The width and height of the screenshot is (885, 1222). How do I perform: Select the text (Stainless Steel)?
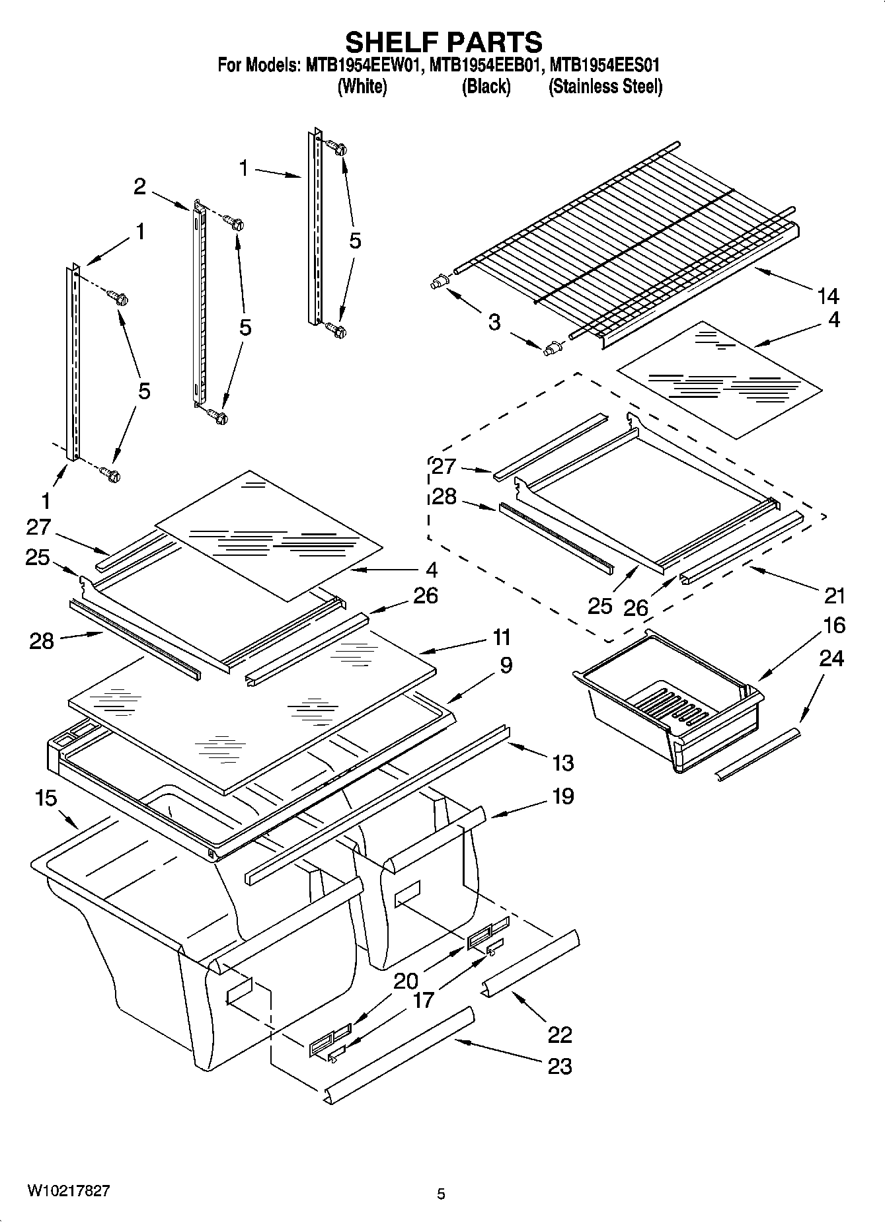click(x=605, y=87)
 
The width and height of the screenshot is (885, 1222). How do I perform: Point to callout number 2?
click(x=139, y=186)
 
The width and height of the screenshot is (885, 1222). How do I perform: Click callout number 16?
click(x=834, y=625)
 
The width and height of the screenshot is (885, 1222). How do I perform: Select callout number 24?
click(x=831, y=658)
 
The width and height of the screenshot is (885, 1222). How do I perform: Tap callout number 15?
click(x=46, y=798)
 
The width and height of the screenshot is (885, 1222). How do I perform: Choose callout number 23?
click(x=560, y=1066)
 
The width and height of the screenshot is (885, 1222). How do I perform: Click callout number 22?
click(x=560, y=1034)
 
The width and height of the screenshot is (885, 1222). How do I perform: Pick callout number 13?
click(x=562, y=763)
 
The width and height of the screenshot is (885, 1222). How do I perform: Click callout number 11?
click(x=501, y=638)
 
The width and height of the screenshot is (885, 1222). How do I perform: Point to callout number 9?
click(x=505, y=665)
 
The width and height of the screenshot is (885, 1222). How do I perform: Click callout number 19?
click(x=562, y=796)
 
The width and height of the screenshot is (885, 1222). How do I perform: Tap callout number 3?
click(x=494, y=323)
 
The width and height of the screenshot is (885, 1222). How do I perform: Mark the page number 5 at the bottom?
click(x=441, y=1194)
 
